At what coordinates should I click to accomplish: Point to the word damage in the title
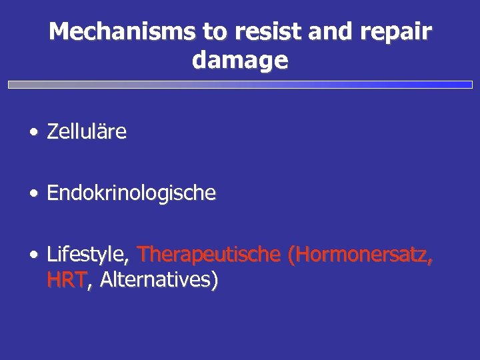pos(240,61)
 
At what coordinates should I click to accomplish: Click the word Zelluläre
pos(87,131)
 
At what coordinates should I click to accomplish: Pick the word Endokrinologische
pos(131,193)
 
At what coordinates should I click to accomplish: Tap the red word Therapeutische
pos(209,254)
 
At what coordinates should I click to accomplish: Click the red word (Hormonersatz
pos(359,255)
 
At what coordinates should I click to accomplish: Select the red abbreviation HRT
pos(67,280)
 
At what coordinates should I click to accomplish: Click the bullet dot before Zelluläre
pos(33,133)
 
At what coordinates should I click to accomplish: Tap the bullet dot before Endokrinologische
pos(33,194)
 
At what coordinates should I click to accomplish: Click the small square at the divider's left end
pos(11,85)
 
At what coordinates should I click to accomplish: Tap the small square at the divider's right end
pos(469,85)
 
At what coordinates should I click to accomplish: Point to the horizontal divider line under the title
pos(240,85)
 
